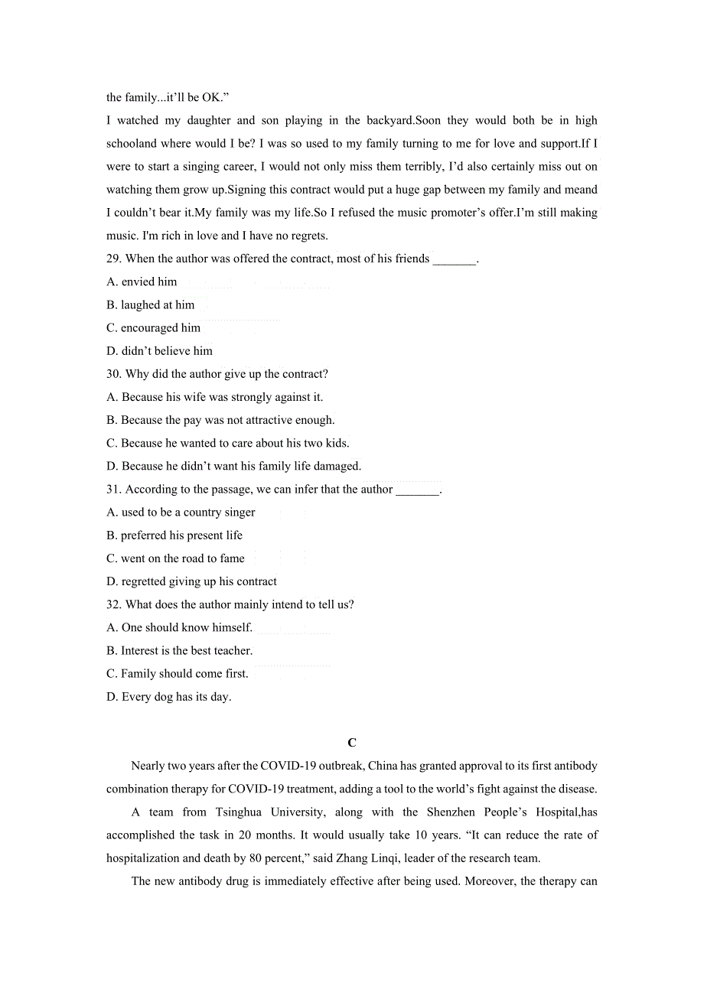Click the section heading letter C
[x=352, y=743]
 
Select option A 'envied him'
[x=142, y=282]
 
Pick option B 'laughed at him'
[x=150, y=304]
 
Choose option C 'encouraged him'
[x=153, y=327]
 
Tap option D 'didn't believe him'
[x=159, y=351]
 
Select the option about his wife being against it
[x=214, y=397]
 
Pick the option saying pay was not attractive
[x=220, y=420]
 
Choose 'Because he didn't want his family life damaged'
[x=233, y=466]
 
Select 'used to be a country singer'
[x=181, y=513]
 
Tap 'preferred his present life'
[x=174, y=535]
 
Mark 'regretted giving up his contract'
[x=191, y=581]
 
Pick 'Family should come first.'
[x=178, y=674]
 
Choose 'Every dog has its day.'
[x=168, y=697]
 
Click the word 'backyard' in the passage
[x=389, y=120]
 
